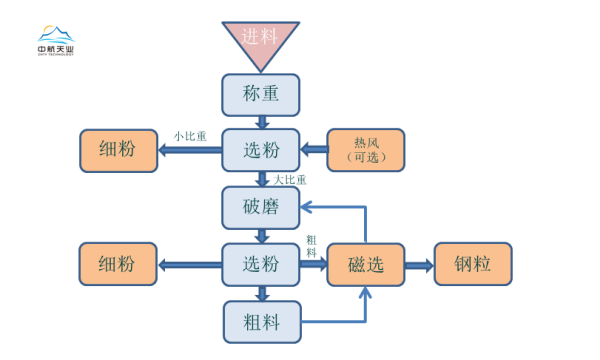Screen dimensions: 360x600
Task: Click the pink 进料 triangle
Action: (x=260, y=40)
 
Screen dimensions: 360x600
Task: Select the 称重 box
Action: (x=260, y=94)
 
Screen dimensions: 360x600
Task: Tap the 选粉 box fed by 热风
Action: (x=260, y=150)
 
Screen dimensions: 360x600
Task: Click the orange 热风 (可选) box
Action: (x=366, y=150)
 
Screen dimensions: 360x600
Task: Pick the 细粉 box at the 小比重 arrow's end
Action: (x=118, y=150)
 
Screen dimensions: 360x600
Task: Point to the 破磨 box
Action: (x=260, y=207)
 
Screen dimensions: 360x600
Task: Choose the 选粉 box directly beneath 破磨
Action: (x=260, y=264)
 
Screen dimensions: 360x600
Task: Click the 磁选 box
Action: (x=366, y=265)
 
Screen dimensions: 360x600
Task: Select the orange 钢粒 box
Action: (x=472, y=265)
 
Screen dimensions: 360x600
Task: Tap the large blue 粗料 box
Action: (x=260, y=322)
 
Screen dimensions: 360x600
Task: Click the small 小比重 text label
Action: (x=190, y=135)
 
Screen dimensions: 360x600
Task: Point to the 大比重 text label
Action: (x=290, y=180)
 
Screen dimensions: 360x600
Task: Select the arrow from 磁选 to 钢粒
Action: (x=418, y=265)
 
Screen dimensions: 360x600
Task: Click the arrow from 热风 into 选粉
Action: (x=314, y=150)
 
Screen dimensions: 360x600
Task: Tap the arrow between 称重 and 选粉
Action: (x=261, y=122)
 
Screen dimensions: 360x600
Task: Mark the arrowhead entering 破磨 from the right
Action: (x=308, y=207)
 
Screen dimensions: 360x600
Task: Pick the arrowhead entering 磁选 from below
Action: (x=366, y=293)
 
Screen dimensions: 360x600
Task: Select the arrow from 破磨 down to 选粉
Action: (x=261, y=236)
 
